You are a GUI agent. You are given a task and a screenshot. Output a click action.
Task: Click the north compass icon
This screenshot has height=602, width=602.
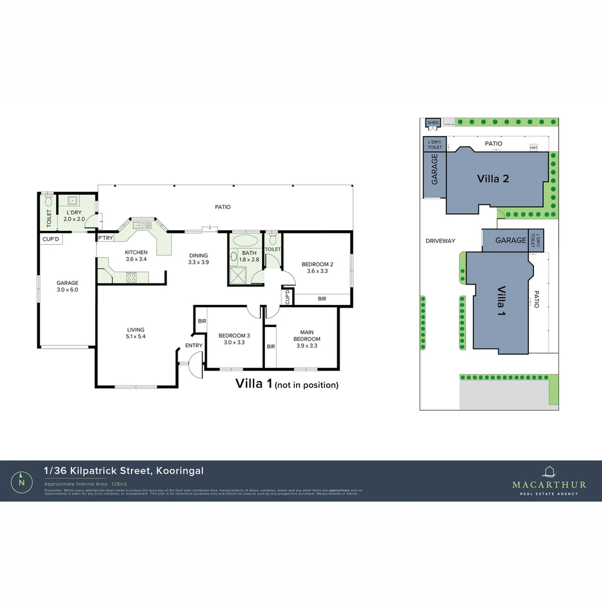(x=22, y=481)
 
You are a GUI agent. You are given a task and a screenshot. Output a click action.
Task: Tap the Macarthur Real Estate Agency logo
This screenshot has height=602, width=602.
(x=549, y=480)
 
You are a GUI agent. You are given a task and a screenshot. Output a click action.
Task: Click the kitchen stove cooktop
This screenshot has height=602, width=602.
(x=132, y=277)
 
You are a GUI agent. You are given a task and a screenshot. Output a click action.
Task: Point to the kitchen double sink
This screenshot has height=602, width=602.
(x=141, y=225)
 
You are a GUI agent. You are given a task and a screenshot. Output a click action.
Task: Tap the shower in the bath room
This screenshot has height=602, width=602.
(x=239, y=275)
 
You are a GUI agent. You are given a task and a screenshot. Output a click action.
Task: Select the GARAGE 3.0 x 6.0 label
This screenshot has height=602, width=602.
(x=67, y=286)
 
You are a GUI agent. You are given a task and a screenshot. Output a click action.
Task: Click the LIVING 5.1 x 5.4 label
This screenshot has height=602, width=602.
(x=136, y=333)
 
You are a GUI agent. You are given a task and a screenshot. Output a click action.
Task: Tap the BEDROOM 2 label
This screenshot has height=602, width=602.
(x=317, y=268)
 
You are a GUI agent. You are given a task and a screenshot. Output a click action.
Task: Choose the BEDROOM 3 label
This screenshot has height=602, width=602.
(x=234, y=339)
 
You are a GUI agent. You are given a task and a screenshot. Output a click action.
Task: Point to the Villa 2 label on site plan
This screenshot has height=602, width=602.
(x=493, y=179)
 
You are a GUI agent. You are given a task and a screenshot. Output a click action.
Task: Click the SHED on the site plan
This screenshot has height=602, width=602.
(x=433, y=123)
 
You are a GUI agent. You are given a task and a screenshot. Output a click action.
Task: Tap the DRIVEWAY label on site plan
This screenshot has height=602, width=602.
(x=440, y=241)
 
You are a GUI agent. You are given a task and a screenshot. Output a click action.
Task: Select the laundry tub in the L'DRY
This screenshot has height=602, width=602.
(x=72, y=201)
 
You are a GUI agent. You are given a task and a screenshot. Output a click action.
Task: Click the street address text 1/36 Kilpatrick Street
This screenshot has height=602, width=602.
(x=124, y=471)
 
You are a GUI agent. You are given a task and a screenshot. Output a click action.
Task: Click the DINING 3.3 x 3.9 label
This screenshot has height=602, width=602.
(x=198, y=259)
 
